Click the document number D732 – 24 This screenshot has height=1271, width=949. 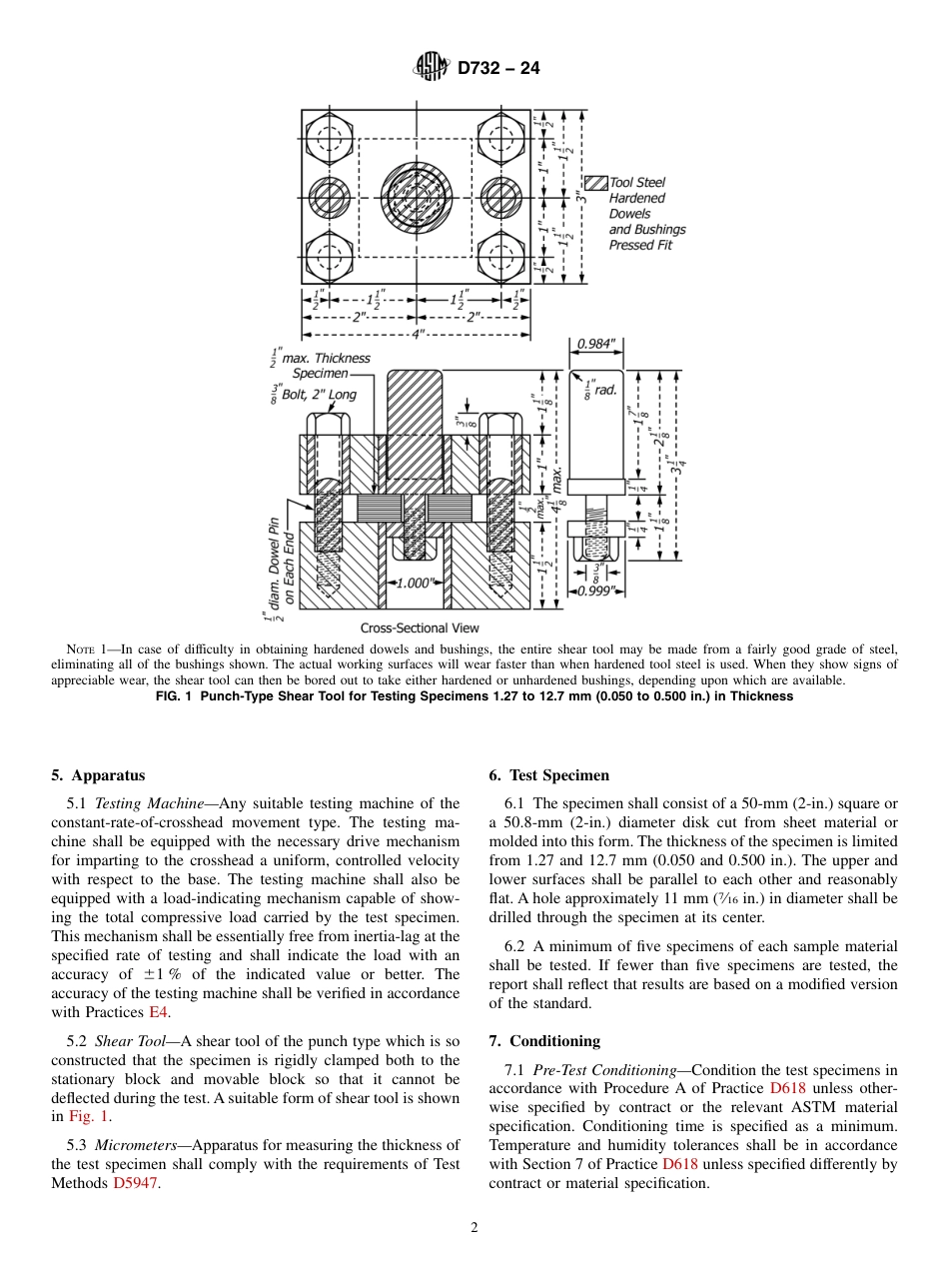498,69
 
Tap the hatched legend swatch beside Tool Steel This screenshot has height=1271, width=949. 596,183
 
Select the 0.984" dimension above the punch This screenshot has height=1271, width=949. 596,344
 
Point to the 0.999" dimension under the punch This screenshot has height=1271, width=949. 596,591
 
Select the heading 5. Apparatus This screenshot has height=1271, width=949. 98,775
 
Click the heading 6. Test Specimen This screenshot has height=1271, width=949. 548,775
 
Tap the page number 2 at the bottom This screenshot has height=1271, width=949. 474,1229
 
